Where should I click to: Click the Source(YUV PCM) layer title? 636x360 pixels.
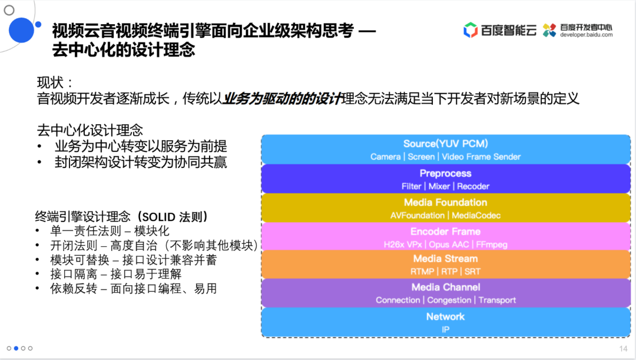pyautogui.click(x=445, y=144)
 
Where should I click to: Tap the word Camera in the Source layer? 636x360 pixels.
pyautogui.click(x=385, y=157)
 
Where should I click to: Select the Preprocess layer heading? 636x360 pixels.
pyautogui.click(x=445, y=173)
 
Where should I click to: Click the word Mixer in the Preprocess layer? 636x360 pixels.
pyautogui.click(x=439, y=186)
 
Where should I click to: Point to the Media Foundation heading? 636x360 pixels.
pyautogui.click(x=445, y=203)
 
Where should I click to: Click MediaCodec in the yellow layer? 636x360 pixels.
pyautogui.click(x=477, y=216)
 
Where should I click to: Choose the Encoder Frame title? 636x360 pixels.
pyautogui.click(x=445, y=232)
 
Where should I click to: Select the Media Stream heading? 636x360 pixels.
pyautogui.click(x=445, y=259)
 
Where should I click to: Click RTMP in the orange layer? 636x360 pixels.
pyautogui.click(x=422, y=272)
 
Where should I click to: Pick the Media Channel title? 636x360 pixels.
pyautogui.click(x=445, y=288)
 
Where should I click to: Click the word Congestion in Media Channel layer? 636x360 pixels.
pyautogui.click(x=449, y=300)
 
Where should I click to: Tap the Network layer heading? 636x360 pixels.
pyautogui.click(x=445, y=317)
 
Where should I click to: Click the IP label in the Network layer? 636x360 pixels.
pyautogui.click(x=445, y=329)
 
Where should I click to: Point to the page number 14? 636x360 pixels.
pyautogui.click(x=623, y=349)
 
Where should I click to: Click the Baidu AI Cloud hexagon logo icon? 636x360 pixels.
pyautogui.click(x=471, y=30)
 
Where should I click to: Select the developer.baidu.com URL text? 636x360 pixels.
pyautogui.click(x=587, y=35)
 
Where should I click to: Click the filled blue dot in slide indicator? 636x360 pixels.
pyautogui.click(x=16, y=348)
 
